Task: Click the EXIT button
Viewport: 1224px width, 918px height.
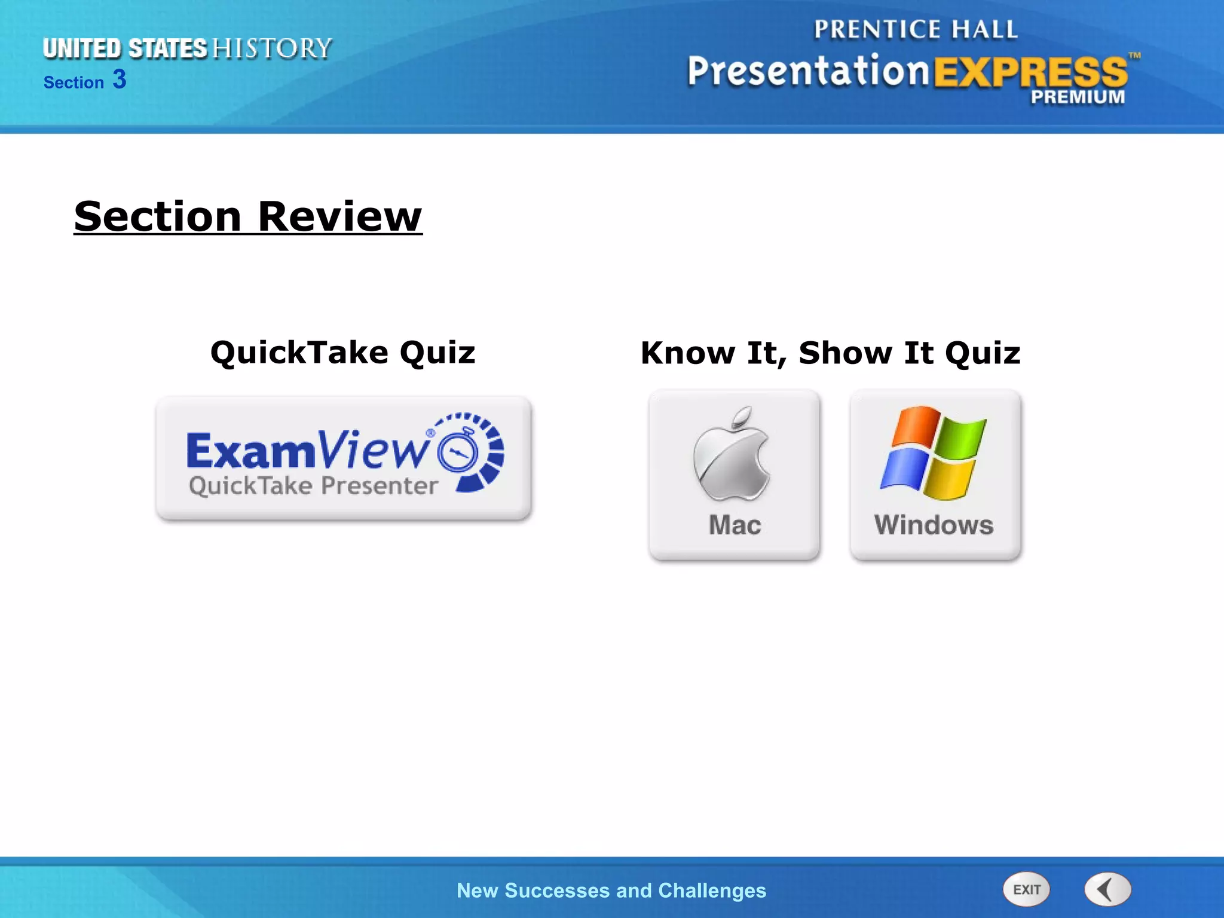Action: tap(1026, 889)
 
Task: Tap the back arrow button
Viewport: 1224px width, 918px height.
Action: tap(1107, 889)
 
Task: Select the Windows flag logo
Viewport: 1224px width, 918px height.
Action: tap(933, 452)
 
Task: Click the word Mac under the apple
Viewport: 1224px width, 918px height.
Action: tap(735, 525)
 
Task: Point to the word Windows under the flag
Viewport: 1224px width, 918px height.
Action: tap(934, 525)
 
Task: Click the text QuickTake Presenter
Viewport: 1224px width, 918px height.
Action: tap(313, 486)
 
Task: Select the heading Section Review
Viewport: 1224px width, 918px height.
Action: tap(248, 216)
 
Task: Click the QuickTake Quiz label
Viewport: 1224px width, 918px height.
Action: tap(342, 352)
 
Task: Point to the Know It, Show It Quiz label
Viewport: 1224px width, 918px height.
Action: tap(830, 353)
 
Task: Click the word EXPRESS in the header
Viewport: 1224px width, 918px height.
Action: tap(1030, 72)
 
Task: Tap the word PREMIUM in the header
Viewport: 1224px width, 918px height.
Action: tap(1078, 97)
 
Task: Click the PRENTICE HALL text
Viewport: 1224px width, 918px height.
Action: tap(916, 29)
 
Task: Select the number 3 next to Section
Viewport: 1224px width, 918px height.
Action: tap(120, 79)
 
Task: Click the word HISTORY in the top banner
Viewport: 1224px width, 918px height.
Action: tap(272, 48)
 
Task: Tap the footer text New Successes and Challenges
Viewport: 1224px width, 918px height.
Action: tap(611, 891)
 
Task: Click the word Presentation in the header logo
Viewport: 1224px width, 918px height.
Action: tap(808, 71)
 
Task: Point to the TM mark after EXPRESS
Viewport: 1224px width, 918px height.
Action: tap(1134, 56)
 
